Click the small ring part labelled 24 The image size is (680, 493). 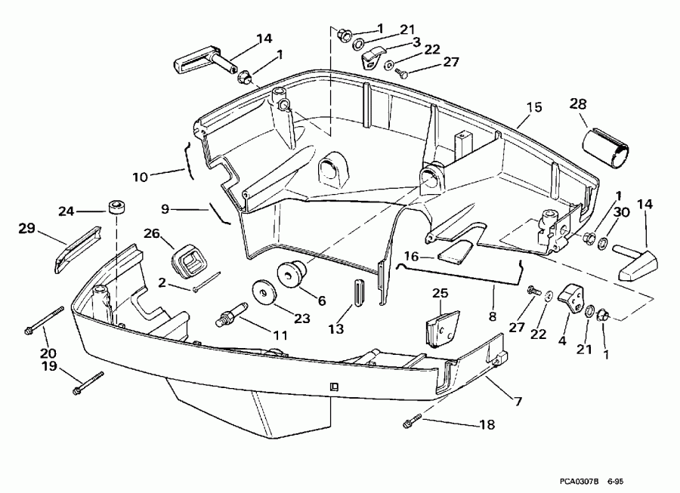point(116,206)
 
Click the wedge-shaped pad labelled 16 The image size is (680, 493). point(456,250)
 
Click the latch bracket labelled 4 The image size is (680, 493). point(572,301)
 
